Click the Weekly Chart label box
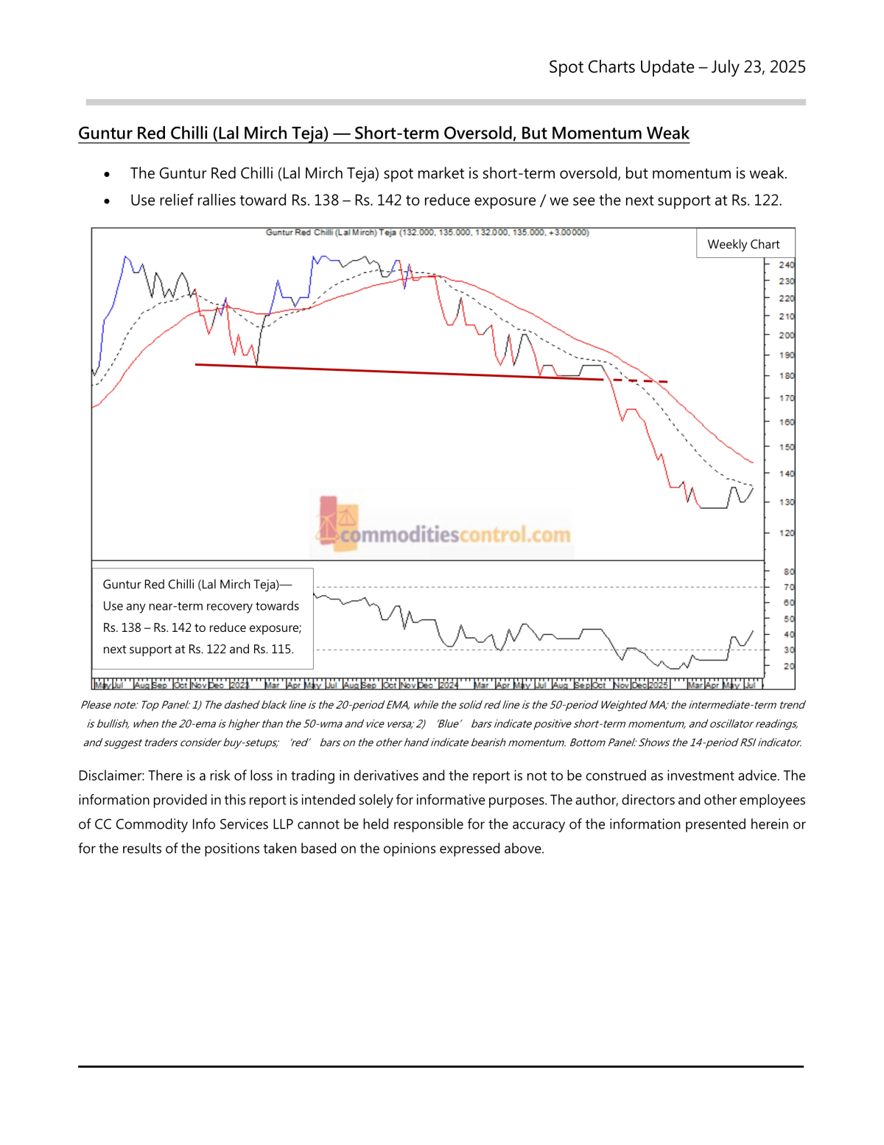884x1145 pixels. point(744,244)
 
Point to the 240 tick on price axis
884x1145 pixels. point(786,265)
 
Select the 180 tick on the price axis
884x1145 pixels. point(786,376)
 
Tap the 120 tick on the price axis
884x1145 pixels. point(786,533)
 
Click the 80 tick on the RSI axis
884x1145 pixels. point(788,571)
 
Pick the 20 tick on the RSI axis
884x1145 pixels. point(788,667)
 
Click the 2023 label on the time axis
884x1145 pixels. point(239,685)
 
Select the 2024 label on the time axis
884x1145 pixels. point(449,685)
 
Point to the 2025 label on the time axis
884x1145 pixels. point(658,685)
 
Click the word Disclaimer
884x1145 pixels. point(110,776)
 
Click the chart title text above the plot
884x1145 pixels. point(427,232)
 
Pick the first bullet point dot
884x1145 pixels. point(107,175)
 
